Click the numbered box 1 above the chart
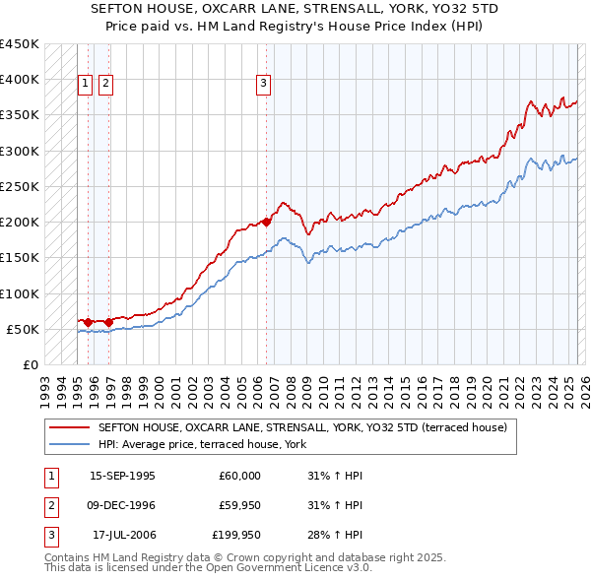(87, 85)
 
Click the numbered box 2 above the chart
(105, 85)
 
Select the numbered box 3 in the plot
(264, 85)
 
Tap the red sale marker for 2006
(267, 222)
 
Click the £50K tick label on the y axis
(24, 329)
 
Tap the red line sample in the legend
(68, 427)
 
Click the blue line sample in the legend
(68, 444)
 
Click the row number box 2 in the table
(49, 505)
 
